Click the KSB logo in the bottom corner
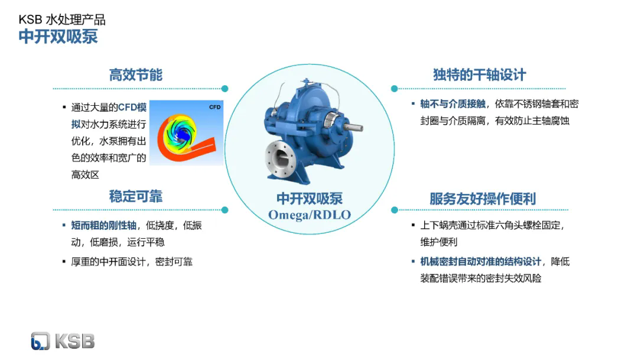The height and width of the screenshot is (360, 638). [x=63, y=341]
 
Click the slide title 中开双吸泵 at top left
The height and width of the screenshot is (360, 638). [x=58, y=37]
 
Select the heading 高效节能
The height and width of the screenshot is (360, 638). [x=135, y=75]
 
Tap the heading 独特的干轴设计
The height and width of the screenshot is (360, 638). [x=479, y=75]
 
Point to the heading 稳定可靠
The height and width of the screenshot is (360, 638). [x=135, y=196]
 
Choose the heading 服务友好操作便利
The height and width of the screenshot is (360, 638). [x=483, y=199]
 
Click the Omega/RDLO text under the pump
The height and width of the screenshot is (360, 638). [x=309, y=215]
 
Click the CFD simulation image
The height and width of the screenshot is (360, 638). [x=186, y=132]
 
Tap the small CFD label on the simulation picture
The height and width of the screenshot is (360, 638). [x=215, y=107]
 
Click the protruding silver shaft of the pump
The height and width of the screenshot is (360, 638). [x=353, y=127]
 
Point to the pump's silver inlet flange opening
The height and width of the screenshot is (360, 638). [x=281, y=158]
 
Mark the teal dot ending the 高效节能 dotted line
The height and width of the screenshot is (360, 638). [x=224, y=88]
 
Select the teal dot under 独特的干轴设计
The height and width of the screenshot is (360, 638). [x=394, y=88]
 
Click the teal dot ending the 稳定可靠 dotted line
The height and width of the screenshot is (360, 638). [x=224, y=210]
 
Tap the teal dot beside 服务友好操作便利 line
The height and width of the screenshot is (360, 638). [x=394, y=210]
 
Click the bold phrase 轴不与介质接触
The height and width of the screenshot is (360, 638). [x=453, y=104]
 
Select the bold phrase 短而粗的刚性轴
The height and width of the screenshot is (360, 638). [x=104, y=225]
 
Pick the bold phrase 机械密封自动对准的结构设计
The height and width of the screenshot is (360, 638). [x=480, y=261]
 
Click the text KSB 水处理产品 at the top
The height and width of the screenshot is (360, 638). [x=62, y=19]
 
